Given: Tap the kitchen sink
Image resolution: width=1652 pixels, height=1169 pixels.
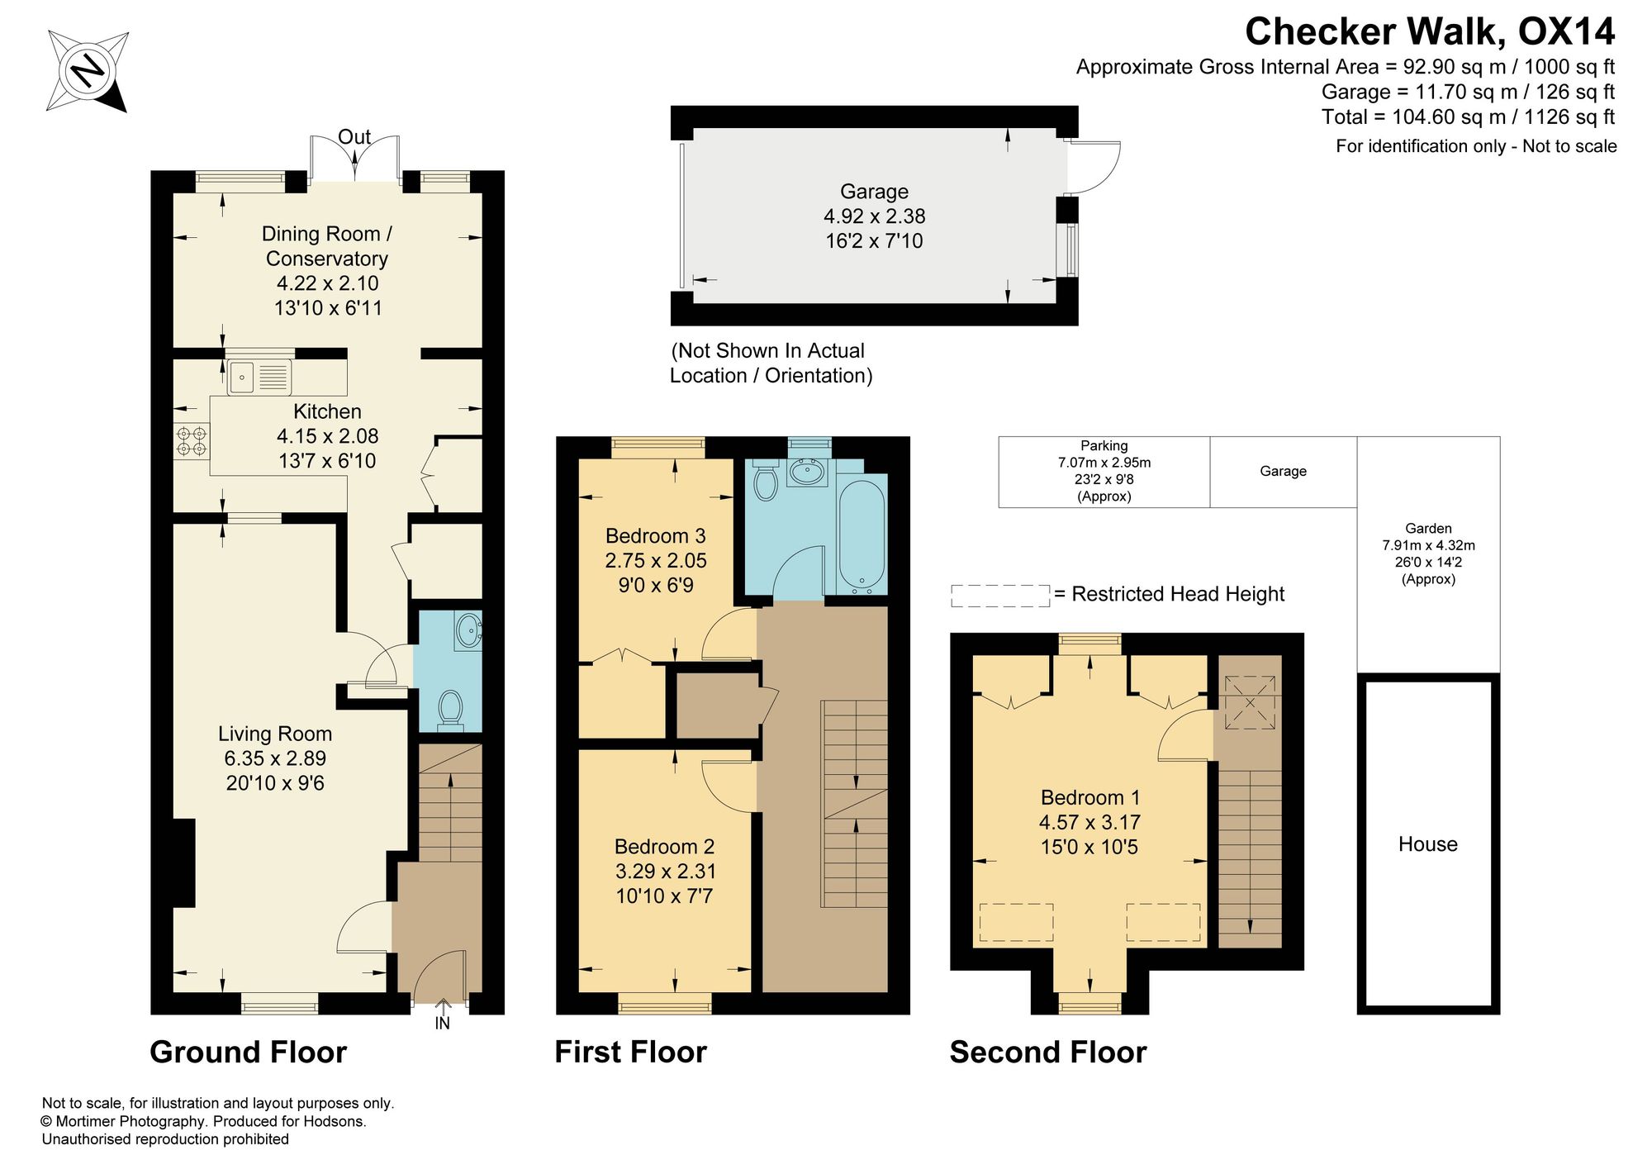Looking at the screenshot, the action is tap(259, 378).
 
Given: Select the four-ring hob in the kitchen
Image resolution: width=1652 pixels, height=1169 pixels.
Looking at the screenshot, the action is tap(192, 440).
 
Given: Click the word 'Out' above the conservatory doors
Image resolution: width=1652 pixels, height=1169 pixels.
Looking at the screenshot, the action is tap(354, 137).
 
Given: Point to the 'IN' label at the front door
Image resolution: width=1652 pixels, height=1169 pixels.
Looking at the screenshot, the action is tap(443, 1024).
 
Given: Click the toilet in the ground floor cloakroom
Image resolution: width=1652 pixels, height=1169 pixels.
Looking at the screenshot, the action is tap(450, 710).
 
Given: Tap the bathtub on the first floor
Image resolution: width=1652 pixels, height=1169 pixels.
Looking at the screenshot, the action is tap(862, 536).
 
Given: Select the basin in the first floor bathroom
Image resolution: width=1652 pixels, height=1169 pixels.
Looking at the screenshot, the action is tap(807, 473).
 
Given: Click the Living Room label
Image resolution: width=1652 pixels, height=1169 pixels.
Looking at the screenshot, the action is tap(275, 734).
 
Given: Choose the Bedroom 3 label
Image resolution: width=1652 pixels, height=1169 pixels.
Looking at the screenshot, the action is tap(656, 536).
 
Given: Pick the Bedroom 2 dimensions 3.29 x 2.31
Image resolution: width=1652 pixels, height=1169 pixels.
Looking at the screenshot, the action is tap(666, 871).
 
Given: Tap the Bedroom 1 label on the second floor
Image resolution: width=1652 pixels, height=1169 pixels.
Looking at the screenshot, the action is tap(1090, 797).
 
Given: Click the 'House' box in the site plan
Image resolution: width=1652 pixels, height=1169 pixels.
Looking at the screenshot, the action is tap(1428, 843).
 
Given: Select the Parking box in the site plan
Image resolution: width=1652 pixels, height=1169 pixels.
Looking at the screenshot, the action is tap(1104, 472).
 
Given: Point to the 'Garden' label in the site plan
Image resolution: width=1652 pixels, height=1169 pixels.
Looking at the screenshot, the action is tap(1428, 529).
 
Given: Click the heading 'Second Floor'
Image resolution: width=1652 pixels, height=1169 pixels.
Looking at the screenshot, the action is tap(1048, 1053).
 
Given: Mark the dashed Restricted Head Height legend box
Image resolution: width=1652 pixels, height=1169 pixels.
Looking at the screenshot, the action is tap(1000, 596).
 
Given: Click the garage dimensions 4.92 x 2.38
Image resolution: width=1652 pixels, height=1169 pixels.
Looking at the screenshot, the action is tap(875, 216).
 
